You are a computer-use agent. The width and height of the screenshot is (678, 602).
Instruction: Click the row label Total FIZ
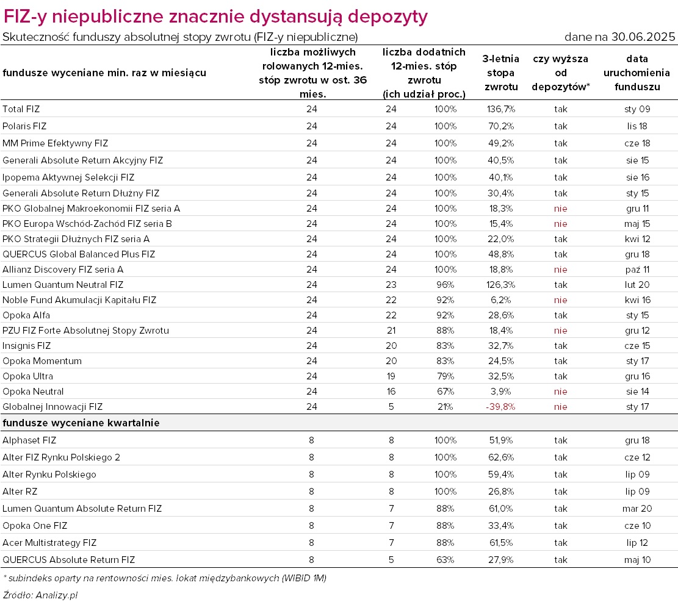point(21,109)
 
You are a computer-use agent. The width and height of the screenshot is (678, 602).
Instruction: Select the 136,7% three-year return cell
point(500,109)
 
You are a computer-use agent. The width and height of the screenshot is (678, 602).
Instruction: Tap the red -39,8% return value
point(500,407)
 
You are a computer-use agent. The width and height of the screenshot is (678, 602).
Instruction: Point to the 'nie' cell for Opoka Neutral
point(560,392)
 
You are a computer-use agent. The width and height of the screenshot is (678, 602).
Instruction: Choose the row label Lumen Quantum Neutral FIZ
point(63,285)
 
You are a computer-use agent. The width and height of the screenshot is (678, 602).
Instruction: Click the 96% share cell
point(445,285)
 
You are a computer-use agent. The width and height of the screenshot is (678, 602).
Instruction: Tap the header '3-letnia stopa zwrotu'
point(500,73)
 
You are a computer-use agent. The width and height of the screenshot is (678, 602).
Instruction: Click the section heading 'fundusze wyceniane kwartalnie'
point(81,423)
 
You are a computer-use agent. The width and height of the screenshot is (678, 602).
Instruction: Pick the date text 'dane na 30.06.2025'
point(619,37)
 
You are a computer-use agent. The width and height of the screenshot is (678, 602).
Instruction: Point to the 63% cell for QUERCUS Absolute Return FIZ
point(445,560)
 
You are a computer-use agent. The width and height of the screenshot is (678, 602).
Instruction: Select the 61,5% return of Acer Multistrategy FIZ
point(500,543)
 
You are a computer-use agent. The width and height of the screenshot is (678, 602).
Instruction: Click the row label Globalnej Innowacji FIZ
point(52,407)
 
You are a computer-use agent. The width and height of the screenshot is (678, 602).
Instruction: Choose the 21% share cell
point(445,407)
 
